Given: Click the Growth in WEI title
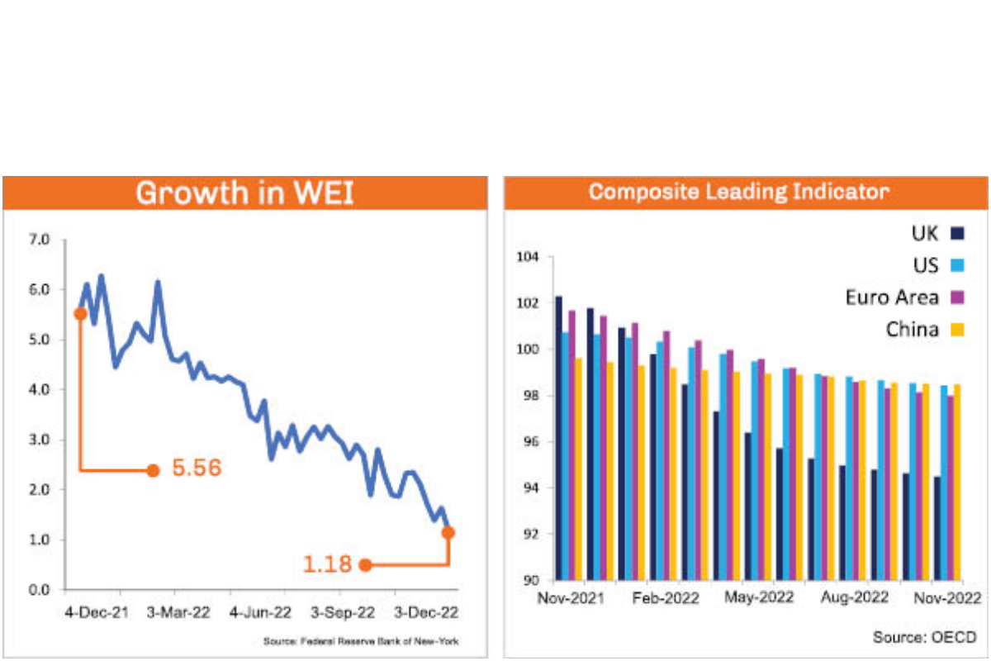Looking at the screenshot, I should click(245, 193).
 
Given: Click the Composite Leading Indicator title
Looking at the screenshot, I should click(739, 193).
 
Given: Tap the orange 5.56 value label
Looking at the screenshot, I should click(197, 468).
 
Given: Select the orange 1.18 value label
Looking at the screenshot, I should click(327, 565).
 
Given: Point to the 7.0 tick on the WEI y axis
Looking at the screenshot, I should click(40, 240).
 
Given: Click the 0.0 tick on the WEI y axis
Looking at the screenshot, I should click(40, 590).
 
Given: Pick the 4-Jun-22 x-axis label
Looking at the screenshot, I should click(260, 613).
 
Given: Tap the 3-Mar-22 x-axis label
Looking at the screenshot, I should click(178, 613).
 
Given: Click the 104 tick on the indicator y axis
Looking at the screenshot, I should click(526, 258).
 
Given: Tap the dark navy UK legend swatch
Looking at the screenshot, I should click(958, 234).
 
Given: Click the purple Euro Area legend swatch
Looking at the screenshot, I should click(958, 297).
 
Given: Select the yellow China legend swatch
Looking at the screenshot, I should click(958, 330).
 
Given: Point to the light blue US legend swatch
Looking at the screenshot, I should click(958, 266).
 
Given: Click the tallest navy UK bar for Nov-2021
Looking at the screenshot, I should click(558, 438).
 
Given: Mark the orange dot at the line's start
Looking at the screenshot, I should click(80, 313).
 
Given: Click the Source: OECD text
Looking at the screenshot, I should click(924, 637).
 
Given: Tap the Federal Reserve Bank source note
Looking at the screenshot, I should click(361, 641).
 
